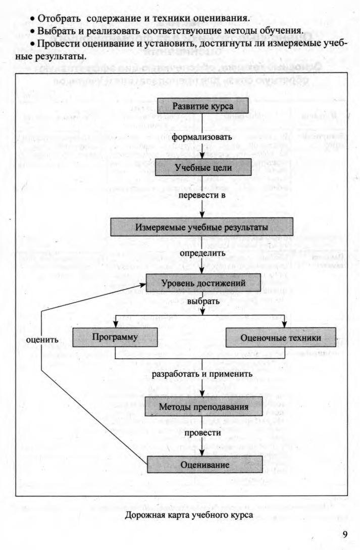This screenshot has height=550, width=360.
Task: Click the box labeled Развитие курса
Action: tap(202, 106)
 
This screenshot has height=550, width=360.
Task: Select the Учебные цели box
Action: tap(202, 168)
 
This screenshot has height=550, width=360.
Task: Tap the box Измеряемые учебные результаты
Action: tap(201, 227)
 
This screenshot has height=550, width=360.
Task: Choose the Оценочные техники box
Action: tap(281, 337)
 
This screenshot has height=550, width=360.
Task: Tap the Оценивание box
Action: tap(204, 464)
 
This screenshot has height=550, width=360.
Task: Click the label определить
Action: tap(202, 252)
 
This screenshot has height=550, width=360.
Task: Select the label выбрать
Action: tap(203, 302)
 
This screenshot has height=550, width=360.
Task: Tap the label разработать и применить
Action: tap(202, 374)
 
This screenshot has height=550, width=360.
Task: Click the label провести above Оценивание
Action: tap(202, 433)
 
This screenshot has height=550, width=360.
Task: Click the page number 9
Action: tap(344, 535)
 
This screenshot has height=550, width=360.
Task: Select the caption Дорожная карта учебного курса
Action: tap(189, 515)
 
